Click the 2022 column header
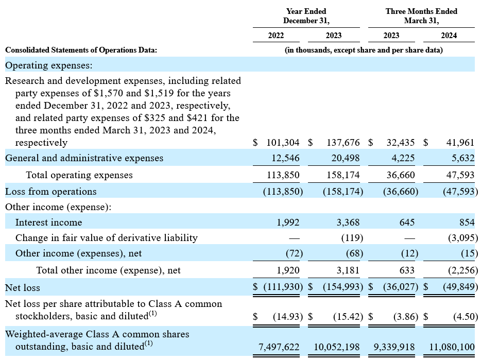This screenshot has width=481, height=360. (x=276, y=36)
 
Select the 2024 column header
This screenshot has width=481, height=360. (x=449, y=36)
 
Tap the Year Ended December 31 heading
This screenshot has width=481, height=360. (x=306, y=16)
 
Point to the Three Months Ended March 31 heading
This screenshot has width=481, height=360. (x=421, y=16)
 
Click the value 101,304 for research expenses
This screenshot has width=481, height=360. (x=283, y=143)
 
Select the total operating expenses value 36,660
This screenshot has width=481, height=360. (x=401, y=175)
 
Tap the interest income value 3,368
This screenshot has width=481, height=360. (x=348, y=222)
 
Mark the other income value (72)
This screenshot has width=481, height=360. (x=294, y=253)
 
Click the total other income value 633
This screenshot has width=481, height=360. (x=407, y=270)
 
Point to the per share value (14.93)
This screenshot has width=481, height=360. (x=288, y=316)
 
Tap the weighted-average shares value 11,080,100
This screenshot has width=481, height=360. (x=452, y=347)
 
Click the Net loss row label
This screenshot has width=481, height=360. (x=22, y=288)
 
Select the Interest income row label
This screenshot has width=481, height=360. (x=49, y=222)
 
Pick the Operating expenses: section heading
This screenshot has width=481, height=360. (x=49, y=65)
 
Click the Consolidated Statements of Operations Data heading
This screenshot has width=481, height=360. (x=81, y=50)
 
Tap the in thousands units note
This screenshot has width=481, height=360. (x=364, y=50)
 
